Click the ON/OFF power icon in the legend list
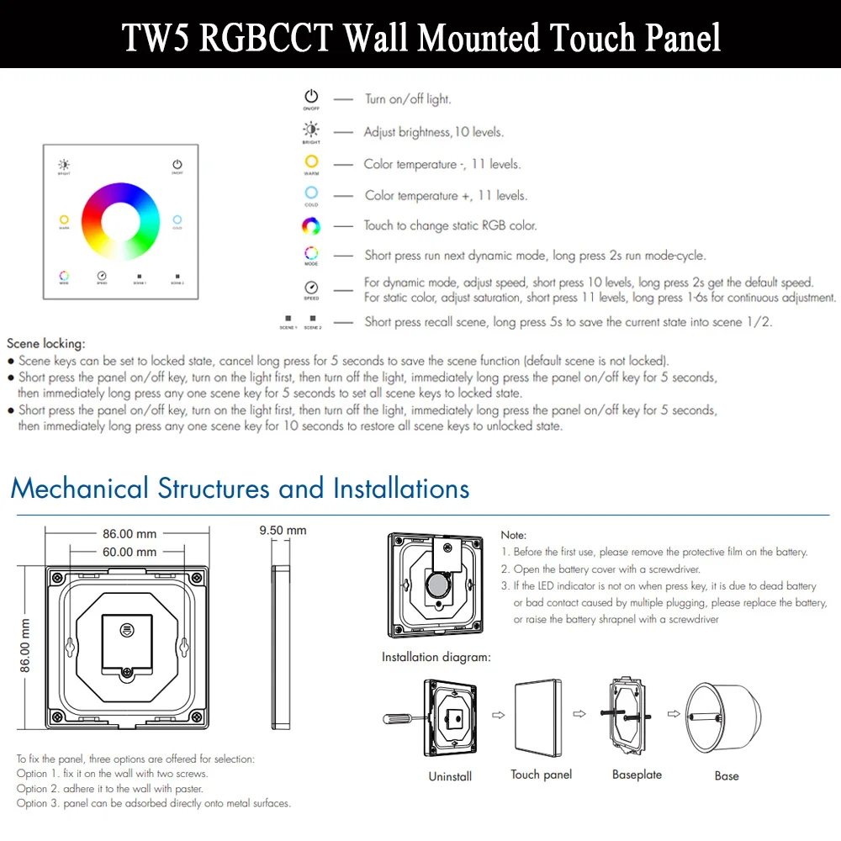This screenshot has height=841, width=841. click(311, 98)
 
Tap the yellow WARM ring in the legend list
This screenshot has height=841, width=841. click(311, 161)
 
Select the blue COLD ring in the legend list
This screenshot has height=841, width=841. click(311, 193)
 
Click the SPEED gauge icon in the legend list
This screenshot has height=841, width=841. click(311, 288)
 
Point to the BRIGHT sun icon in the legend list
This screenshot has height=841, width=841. click(311, 130)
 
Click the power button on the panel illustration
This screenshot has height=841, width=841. click(177, 165)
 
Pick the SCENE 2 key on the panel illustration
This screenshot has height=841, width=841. click(177, 276)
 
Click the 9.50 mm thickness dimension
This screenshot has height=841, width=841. click(283, 531)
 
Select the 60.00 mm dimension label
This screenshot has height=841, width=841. click(130, 553)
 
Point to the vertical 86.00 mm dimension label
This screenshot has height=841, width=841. click(25, 645)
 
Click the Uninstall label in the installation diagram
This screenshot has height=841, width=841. click(450, 776)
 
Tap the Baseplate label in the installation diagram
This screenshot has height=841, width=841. click(637, 775)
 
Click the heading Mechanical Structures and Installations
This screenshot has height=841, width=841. click(240, 489)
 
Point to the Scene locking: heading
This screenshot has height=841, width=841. click(45, 343)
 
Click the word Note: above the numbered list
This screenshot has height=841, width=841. click(513, 535)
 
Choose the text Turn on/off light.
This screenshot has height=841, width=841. click(408, 99)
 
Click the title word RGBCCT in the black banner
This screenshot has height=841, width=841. click(266, 38)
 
